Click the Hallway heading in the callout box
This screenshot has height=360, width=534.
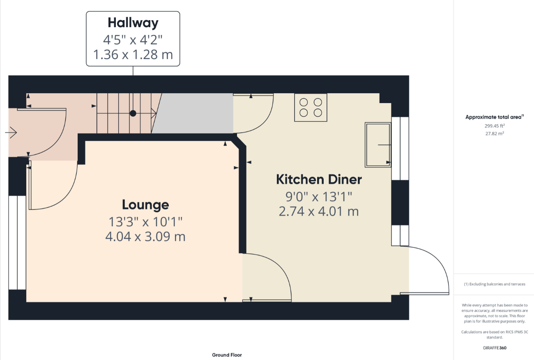[133, 23]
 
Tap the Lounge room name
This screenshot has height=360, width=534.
[145, 205]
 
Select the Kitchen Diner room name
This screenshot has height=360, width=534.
[319, 179]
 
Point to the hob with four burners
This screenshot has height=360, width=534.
[311, 108]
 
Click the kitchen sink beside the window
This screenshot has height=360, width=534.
[378, 144]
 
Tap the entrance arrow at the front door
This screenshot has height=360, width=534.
[11, 133]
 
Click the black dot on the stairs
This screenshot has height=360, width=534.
[133, 113]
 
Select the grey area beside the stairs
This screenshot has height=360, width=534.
[193, 113]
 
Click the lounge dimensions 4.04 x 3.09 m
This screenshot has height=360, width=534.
[145, 236]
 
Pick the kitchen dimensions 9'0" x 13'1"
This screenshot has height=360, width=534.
[319, 197]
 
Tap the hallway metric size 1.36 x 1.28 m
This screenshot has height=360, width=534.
[133, 55]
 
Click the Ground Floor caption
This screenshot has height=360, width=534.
[227, 355]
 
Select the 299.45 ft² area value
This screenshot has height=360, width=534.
[495, 126]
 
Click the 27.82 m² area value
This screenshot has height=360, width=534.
[495, 133]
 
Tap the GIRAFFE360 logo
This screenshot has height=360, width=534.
[495, 348]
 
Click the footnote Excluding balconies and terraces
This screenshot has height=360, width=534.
[495, 284]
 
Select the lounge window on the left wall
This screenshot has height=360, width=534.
[17, 243]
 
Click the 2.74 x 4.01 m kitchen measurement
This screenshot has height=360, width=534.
[319, 211]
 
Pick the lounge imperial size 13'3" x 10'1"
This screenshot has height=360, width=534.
[145, 222]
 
